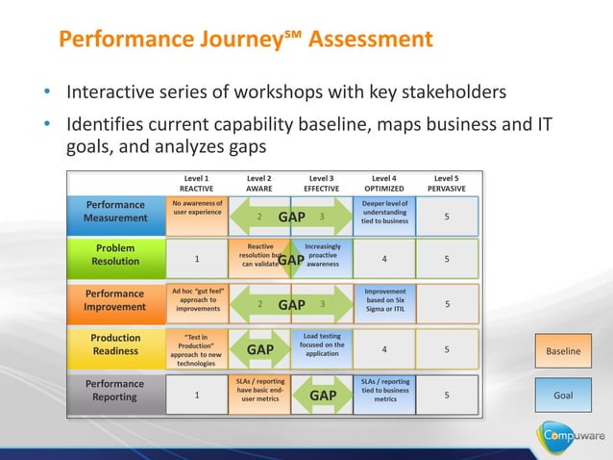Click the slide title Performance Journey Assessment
point(245,39)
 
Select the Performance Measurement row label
point(115,212)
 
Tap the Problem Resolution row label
point(115,256)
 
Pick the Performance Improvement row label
point(115,300)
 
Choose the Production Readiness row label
point(115,345)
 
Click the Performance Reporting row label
point(115,390)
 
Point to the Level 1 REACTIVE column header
point(197,183)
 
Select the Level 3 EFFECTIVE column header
point(321,183)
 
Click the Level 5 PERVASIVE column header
point(446,183)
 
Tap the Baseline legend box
point(564,351)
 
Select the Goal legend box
point(564,396)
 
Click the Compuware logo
point(571,436)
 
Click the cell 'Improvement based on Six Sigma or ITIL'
point(384,300)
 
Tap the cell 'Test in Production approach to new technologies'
point(197,350)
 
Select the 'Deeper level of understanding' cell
point(384,212)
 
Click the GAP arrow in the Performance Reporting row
point(322,396)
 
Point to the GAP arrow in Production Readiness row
point(260,350)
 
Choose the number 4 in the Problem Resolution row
point(384,258)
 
